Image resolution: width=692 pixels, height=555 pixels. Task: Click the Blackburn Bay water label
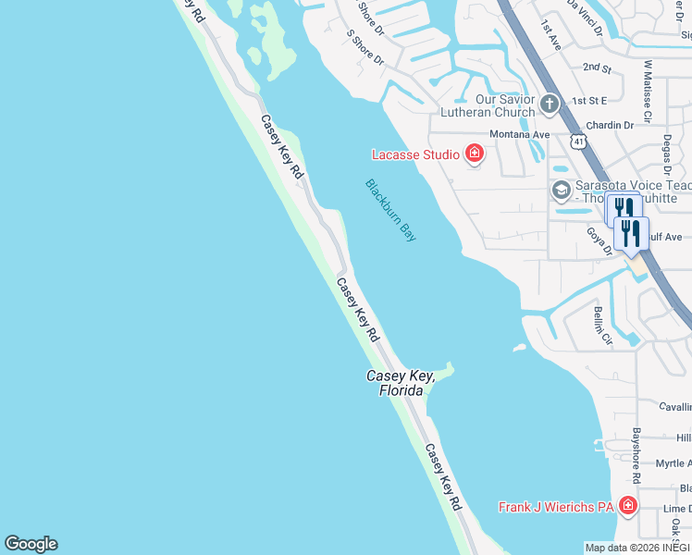390,210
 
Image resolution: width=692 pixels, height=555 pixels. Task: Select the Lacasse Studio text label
415,154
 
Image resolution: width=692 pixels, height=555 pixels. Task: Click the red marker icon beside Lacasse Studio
475,154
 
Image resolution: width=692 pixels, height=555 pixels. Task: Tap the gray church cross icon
550,103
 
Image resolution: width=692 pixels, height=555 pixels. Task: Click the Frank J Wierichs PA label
556,507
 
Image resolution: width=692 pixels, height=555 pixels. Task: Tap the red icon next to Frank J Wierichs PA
628,505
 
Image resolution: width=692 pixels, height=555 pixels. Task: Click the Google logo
31,544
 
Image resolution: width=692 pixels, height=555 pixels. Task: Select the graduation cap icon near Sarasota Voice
560,190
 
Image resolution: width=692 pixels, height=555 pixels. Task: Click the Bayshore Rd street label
636,455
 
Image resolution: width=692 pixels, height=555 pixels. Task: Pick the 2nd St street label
598,68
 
